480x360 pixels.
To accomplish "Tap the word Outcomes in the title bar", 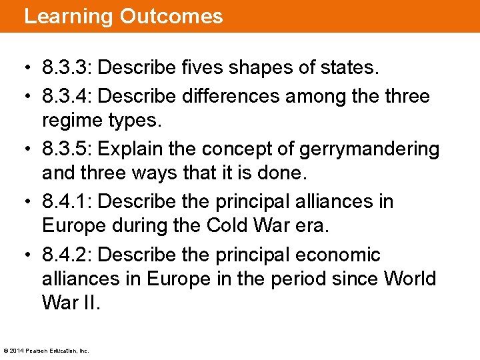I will pyautogui.click(x=171, y=16).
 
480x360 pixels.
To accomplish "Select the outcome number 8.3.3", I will pyautogui.click(x=67, y=68).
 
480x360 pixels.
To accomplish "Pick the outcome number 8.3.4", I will pyautogui.click(x=67, y=97).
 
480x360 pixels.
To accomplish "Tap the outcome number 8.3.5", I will pyautogui.click(x=67, y=149).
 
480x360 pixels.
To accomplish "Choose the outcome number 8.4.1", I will pyautogui.click(x=67, y=201).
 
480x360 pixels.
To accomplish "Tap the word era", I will pyautogui.click(x=315, y=225).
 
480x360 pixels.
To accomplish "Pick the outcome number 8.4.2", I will pyautogui.click(x=67, y=254).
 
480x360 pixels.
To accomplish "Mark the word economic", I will pyautogui.click(x=341, y=254).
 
